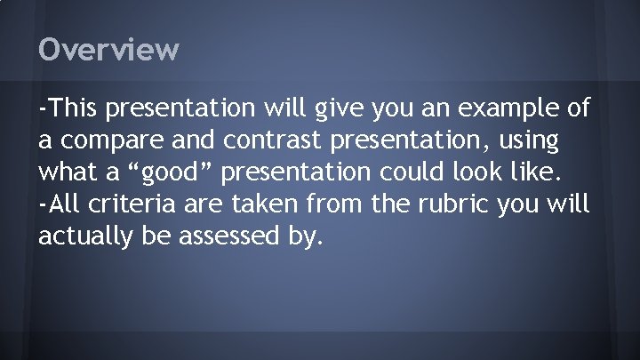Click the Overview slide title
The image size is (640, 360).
tap(108, 49)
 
